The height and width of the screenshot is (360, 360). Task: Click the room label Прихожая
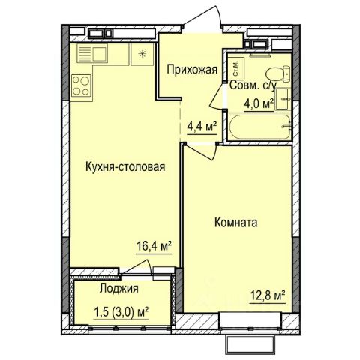pyautogui.click(x=192, y=70)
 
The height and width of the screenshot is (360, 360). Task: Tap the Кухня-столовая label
pyautogui.click(x=125, y=166)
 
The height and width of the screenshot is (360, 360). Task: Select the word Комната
pyautogui.click(x=235, y=223)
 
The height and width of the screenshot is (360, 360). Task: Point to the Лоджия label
pyautogui.click(x=118, y=289)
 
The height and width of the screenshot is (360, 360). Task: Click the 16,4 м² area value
pyautogui.click(x=154, y=247)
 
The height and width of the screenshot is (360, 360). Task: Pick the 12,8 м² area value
pyautogui.click(x=268, y=296)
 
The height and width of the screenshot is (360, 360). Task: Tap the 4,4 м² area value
pyautogui.click(x=202, y=127)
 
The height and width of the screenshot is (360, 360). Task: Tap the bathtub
pyautogui.click(x=260, y=127)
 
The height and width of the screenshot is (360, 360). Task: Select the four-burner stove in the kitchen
pyautogui.click(x=81, y=85)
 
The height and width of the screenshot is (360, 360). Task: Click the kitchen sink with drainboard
pyautogui.click(x=91, y=53)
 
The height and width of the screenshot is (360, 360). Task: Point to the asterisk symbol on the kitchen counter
pyautogui.click(x=142, y=54)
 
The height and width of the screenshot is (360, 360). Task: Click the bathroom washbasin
pyautogui.click(x=283, y=99)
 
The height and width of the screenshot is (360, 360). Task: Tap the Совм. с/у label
pyautogui.click(x=253, y=85)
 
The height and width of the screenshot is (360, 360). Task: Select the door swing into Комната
pyautogui.click(x=201, y=152)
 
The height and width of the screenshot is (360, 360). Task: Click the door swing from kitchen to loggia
pyautogui.click(x=137, y=267)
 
